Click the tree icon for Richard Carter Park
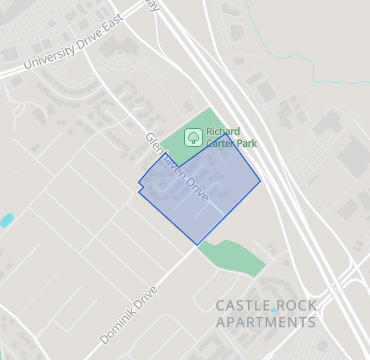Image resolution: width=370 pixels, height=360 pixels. tap(192, 138)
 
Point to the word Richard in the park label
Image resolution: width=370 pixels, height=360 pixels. tap(223, 131)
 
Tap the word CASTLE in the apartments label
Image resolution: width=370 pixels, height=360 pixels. tap(242, 304)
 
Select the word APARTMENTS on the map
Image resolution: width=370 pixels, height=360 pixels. tap(265, 322)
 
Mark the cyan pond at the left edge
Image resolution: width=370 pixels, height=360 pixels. tap(6, 218)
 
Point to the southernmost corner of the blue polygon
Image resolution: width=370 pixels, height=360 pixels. tap(197, 244)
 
